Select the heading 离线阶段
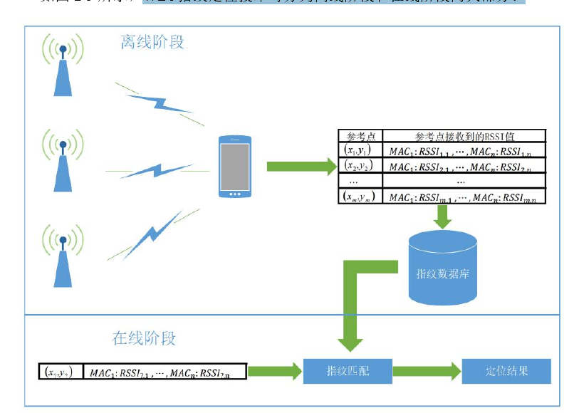[152, 43]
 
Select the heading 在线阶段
[144, 338]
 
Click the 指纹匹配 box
[348, 371]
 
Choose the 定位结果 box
[506, 371]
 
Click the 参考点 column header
[360, 136]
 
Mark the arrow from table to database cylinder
[443, 216]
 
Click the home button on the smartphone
[234, 193]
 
